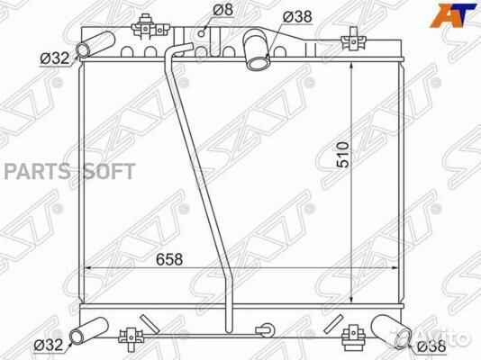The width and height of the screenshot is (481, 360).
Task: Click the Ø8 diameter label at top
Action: click(x=223, y=10)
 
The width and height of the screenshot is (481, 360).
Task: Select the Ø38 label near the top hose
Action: click(x=297, y=16)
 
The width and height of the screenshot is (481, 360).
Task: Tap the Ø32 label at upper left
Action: click(x=55, y=58)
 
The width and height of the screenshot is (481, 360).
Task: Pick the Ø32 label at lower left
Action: click(x=49, y=346)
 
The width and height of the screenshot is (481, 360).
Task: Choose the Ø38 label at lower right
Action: click(x=431, y=346)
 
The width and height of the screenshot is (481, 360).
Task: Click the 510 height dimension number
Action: click(x=343, y=155)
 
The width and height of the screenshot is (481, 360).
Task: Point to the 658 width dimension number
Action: click(x=169, y=259)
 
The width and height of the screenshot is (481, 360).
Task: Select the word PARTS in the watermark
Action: click(x=38, y=171)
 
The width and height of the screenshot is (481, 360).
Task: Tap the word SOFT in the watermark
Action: click(x=109, y=171)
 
